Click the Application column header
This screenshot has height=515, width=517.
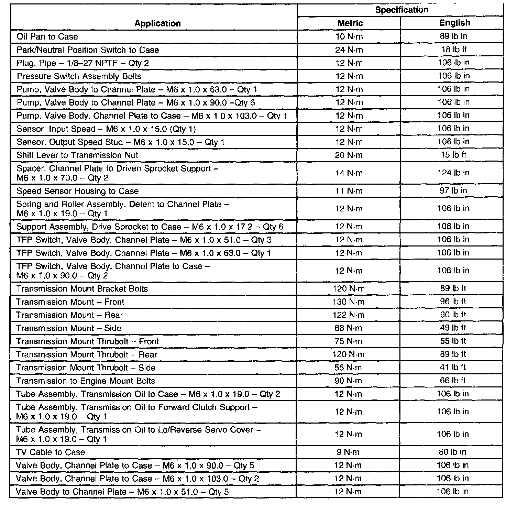tap(157, 23)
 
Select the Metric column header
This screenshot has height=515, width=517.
tap(350, 23)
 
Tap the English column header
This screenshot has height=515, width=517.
tap(454, 23)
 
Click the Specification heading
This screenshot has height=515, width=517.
tap(401, 10)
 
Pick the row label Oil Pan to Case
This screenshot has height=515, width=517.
tap(47, 36)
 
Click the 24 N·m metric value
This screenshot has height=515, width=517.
tap(349, 50)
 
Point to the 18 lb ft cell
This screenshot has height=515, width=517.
tap(454, 49)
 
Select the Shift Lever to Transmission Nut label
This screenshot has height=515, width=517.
tap(77, 155)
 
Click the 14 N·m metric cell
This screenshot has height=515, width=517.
tap(349, 173)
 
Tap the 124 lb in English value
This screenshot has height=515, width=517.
tap(453, 173)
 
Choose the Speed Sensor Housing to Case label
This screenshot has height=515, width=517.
tap(77, 191)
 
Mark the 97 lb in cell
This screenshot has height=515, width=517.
tap(453, 190)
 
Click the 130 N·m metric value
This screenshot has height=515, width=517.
tap(349, 302)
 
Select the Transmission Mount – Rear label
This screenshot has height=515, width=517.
tap(69, 315)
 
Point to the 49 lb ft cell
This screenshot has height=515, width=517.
tap(453, 328)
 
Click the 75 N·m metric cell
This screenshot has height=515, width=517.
tap(348, 341)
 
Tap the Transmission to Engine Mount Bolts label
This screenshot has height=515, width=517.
tap(86, 381)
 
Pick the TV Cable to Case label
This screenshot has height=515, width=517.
tap(50, 452)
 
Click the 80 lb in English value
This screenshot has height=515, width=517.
tap(453, 452)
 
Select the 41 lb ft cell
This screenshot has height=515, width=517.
tap(453, 367)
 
